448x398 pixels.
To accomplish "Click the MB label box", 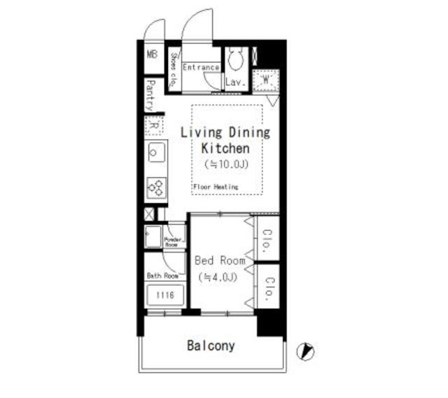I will point(152,54).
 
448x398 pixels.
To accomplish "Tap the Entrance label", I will point(201,68).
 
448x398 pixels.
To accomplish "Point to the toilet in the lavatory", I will point(234,60).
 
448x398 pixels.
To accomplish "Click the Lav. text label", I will point(234,83).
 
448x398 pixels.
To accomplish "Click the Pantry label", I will point(150,95).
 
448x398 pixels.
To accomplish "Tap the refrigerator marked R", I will point(154,127).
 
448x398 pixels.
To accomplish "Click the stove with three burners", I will point(155,187).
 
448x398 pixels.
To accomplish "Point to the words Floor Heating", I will point(216,187).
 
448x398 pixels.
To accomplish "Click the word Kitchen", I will point(225,148).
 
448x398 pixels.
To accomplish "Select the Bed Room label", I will point(220,261).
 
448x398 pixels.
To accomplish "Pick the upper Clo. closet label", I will point(267,236).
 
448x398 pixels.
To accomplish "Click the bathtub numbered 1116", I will point(165,295).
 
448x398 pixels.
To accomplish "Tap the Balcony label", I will point(211,346).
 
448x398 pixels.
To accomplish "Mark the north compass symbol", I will point(306,352).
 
